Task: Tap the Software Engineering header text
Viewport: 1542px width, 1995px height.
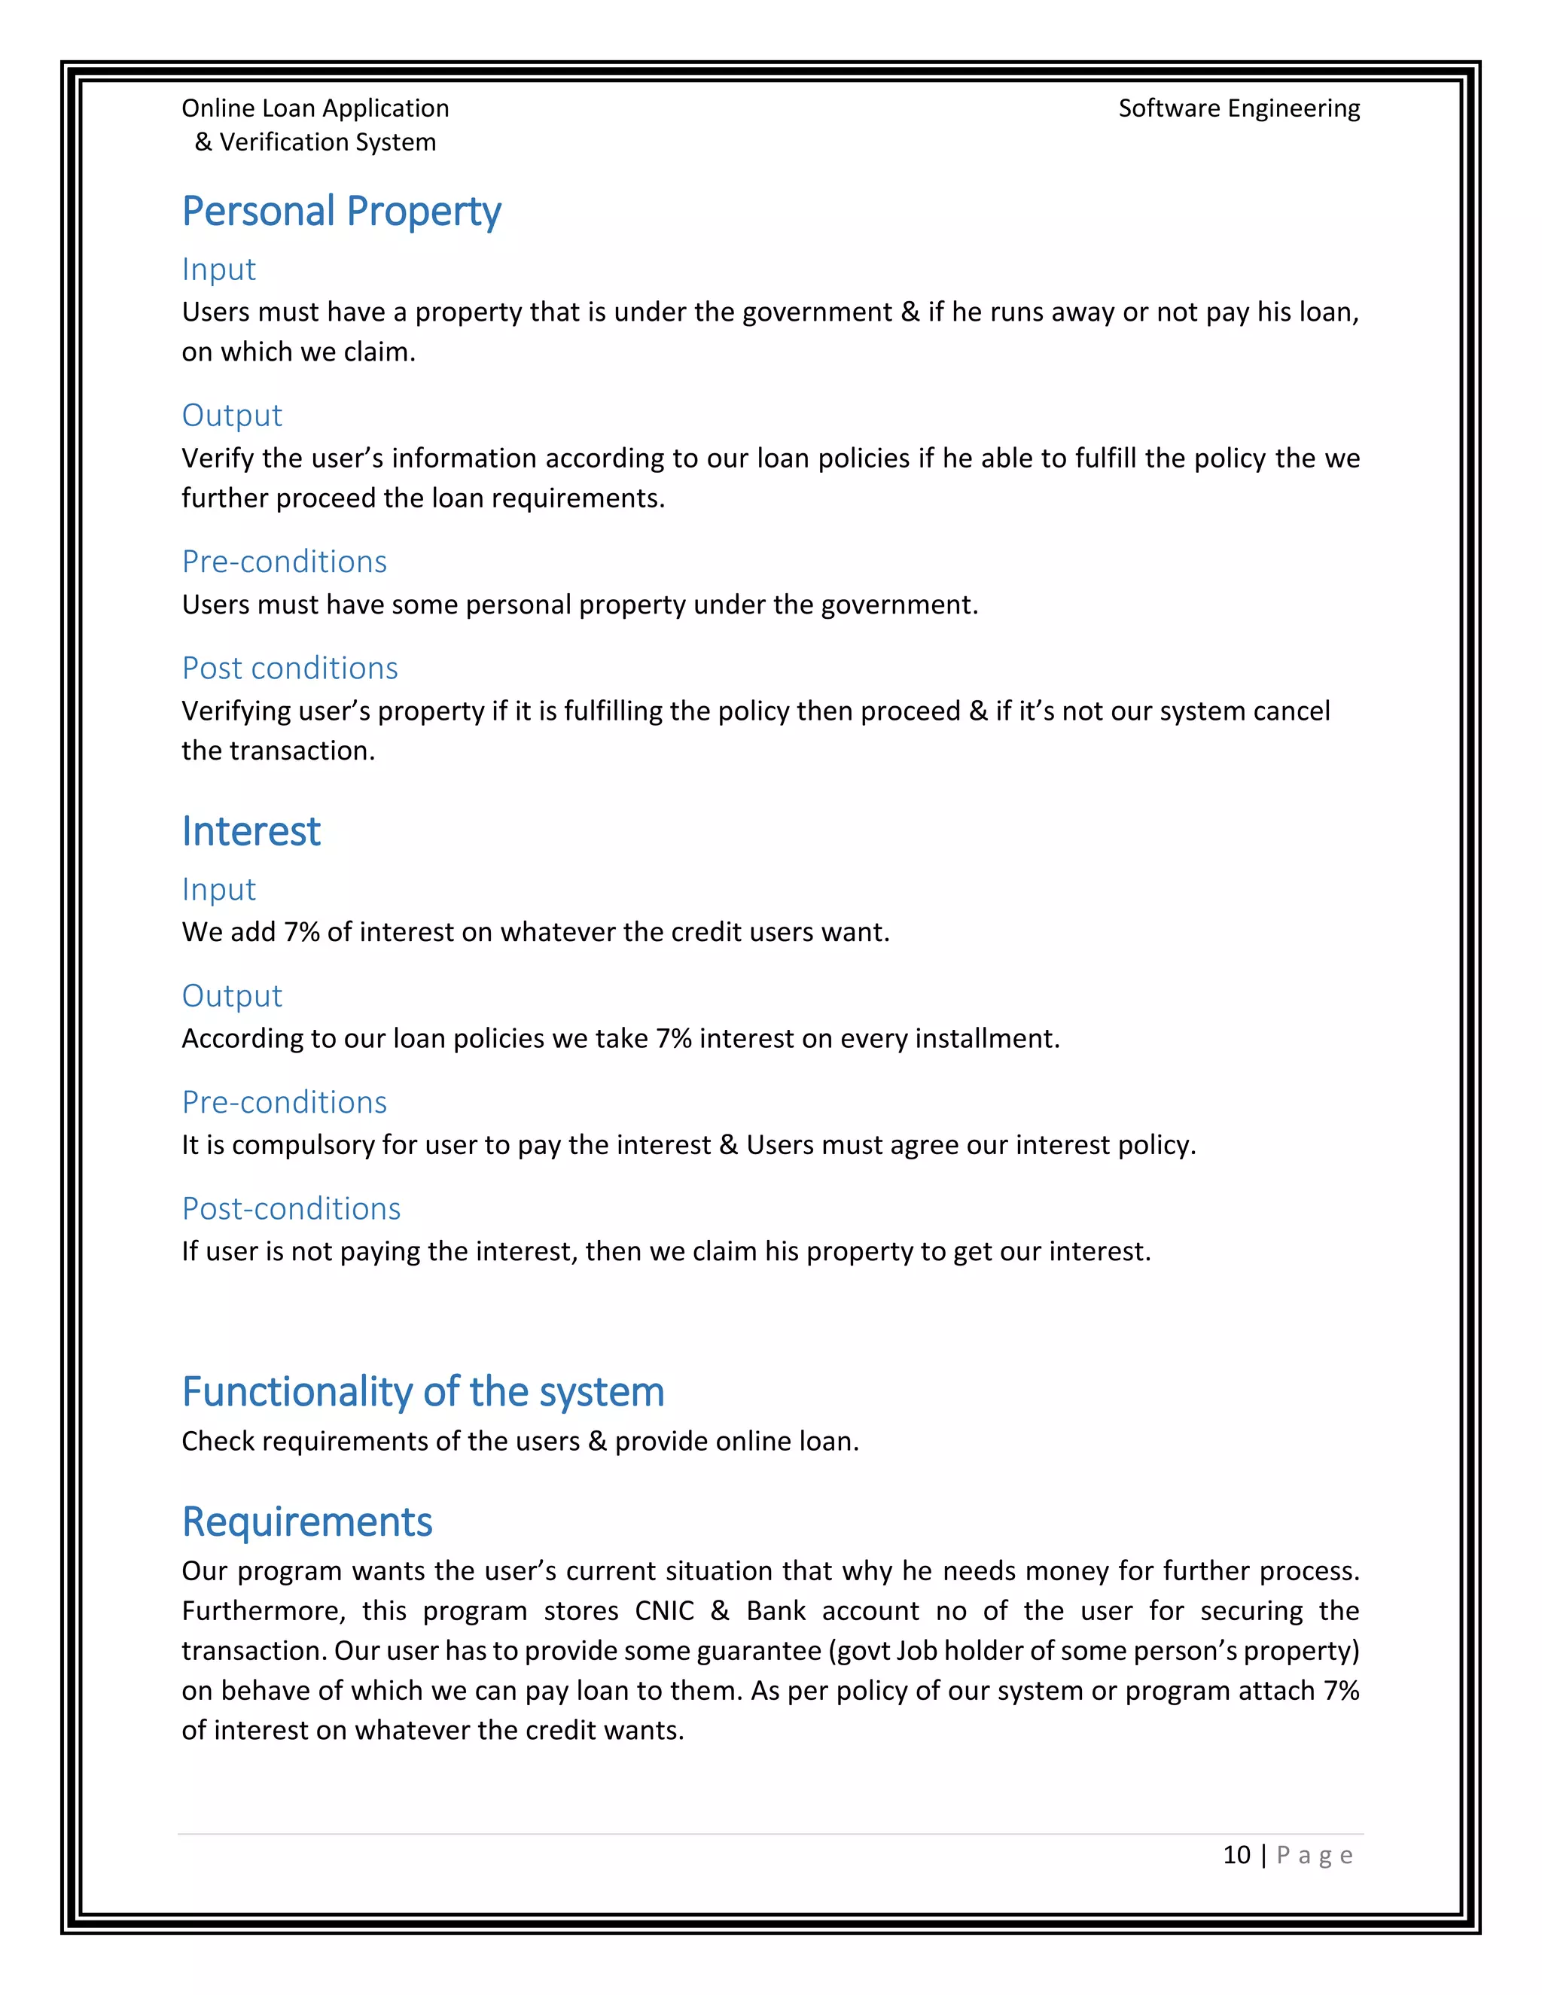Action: (x=1239, y=108)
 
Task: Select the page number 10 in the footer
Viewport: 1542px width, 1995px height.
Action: (x=1236, y=1854)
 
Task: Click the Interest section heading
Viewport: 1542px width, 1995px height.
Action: (x=251, y=831)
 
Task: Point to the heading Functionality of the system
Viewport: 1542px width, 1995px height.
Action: (x=423, y=1391)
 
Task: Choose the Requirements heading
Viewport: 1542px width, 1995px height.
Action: (x=307, y=1521)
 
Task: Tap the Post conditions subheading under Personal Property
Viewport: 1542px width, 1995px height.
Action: (x=290, y=668)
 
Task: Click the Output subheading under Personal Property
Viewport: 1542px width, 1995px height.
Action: (x=232, y=415)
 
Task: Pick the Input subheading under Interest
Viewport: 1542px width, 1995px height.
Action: (x=218, y=889)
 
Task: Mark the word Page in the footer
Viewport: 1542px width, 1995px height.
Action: (x=1314, y=1855)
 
